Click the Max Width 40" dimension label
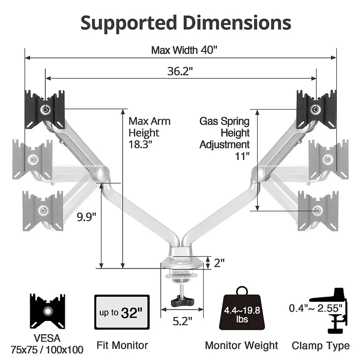point(184,50)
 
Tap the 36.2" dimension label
point(179,71)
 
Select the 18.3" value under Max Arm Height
point(140,145)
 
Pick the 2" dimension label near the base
point(220,263)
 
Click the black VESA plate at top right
point(316,109)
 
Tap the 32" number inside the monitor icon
point(132,312)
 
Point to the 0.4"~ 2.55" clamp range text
point(308,308)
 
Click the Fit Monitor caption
point(122,346)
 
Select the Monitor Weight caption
point(241,346)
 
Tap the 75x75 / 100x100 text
point(47,350)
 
